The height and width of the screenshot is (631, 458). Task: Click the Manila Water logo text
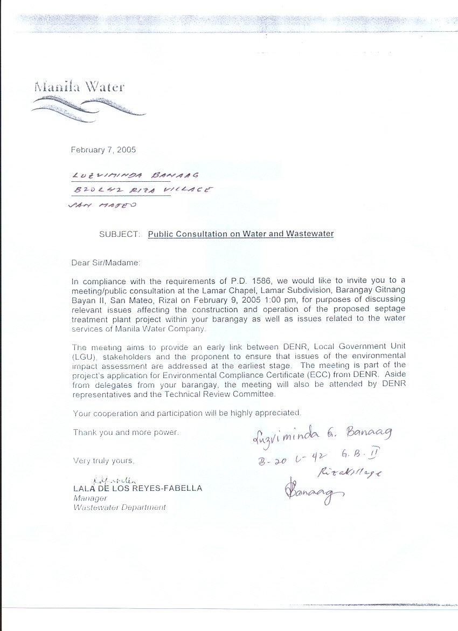pyautogui.click(x=80, y=86)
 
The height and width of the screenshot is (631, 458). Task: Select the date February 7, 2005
pyautogui.click(x=103, y=150)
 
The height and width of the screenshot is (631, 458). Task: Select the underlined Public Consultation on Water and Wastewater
pyautogui.click(x=241, y=234)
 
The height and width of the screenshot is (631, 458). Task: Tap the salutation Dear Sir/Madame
pyautogui.click(x=106, y=263)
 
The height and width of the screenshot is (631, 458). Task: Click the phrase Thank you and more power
pyautogui.click(x=126, y=432)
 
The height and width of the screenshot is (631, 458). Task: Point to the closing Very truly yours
pyautogui.click(x=104, y=461)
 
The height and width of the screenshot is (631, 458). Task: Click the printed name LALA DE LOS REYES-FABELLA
pyautogui.click(x=137, y=488)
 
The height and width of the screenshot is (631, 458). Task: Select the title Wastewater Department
pyautogui.click(x=120, y=507)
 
